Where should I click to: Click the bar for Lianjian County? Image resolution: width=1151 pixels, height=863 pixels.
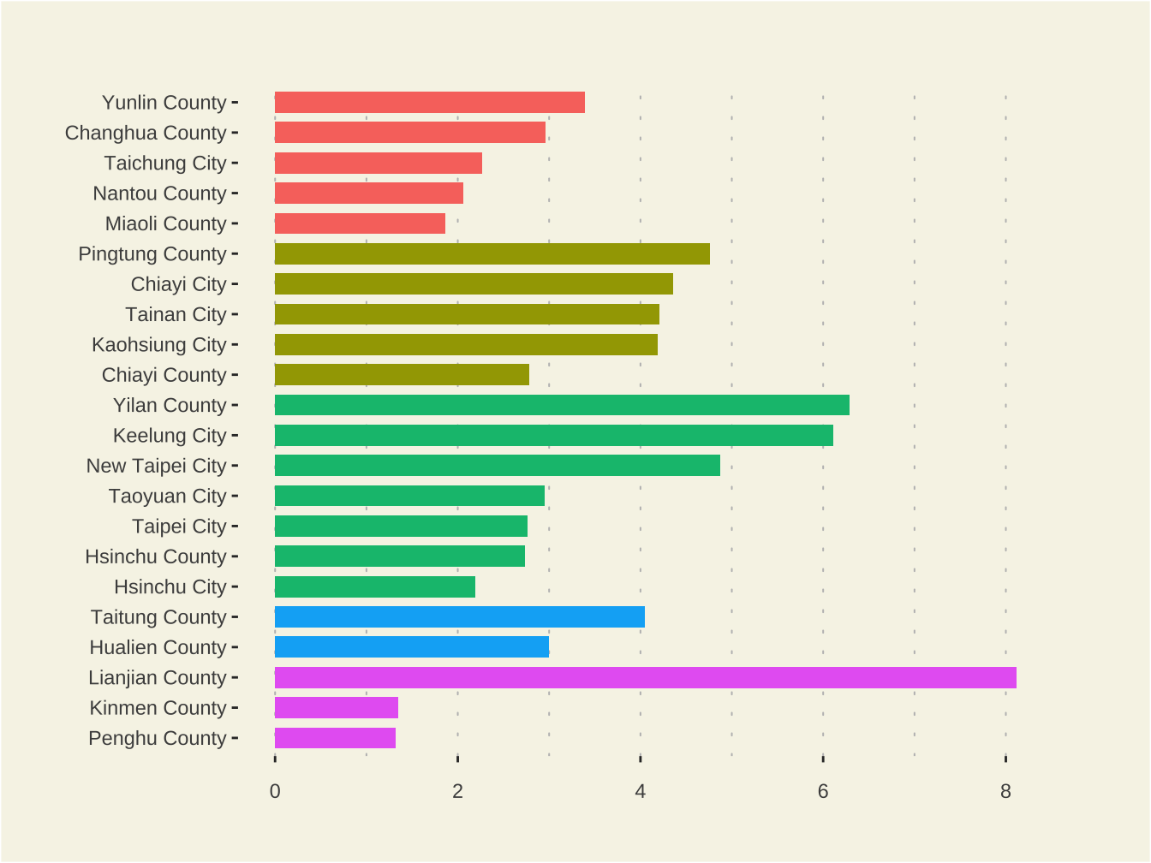tap(645, 677)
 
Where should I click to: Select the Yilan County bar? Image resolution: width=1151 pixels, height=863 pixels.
tap(562, 405)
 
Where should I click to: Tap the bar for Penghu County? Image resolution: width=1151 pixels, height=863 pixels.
tap(335, 738)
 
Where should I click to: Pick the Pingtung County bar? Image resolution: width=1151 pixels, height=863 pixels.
tap(492, 253)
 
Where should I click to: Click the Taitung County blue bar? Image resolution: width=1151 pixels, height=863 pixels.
tap(459, 616)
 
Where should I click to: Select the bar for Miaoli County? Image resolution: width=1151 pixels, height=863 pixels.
tap(360, 223)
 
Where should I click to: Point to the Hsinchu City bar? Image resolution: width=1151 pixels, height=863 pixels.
tap(374, 586)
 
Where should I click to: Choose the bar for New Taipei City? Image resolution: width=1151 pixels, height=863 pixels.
tap(497, 465)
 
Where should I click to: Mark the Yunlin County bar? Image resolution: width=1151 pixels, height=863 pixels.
tap(429, 103)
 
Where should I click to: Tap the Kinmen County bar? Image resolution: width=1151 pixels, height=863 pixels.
tap(336, 707)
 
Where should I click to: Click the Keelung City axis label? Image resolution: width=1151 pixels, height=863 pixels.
tap(170, 436)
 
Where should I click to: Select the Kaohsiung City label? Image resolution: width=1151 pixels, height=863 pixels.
tap(159, 345)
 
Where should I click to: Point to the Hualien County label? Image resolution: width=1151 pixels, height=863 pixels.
tap(158, 647)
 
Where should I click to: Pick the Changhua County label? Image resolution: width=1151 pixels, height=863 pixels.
tap(146, 133)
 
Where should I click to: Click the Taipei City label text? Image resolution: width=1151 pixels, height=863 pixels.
tap(179, 527)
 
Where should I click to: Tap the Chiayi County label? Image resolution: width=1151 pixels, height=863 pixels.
tap(164, 375)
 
